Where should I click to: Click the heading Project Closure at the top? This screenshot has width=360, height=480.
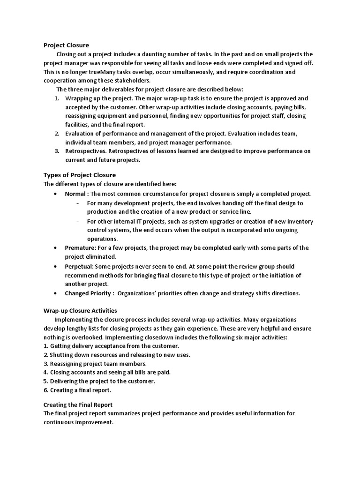click(x=66, y=45)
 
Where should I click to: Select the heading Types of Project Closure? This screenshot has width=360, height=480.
click(x=79, y=175)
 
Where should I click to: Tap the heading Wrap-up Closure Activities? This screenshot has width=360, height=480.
click(x=80, y=311)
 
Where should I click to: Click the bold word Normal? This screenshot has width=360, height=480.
click(x=75, y=194)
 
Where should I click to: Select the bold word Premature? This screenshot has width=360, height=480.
click(x=81, y=248)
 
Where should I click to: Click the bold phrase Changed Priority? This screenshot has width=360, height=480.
click(x=88, y=293)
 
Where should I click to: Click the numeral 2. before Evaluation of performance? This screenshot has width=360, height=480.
click(x=56, y=134)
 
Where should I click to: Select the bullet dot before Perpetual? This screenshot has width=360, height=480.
click(x=55, y=266)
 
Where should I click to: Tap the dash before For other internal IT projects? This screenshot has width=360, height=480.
click(x=77, y=221)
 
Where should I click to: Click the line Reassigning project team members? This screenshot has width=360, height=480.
click(x=98, y=364)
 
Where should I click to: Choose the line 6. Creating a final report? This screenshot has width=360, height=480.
click(x=77, y=390)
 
